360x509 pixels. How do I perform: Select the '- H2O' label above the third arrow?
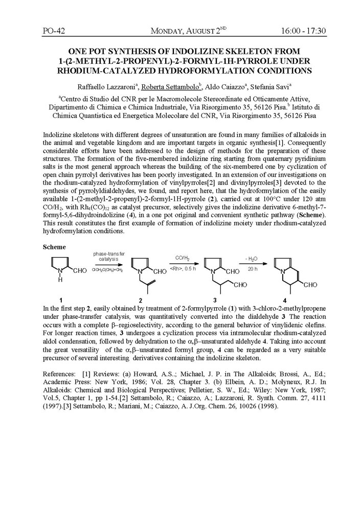(x=251, y=259)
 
